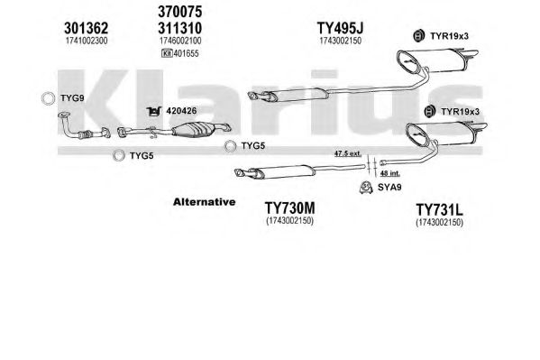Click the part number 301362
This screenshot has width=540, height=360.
coord(87,28)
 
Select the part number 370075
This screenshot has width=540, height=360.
coord(179,12)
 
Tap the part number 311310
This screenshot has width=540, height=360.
coord(179,28)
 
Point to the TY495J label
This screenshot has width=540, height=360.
coord(340,28)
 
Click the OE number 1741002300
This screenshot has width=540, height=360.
coord(87,41)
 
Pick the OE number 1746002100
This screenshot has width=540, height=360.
coord(180,41)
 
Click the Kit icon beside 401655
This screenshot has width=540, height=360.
coord(167,53)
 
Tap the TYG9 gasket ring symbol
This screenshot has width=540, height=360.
coord(48,98)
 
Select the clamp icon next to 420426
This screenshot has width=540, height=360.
coord(153,111)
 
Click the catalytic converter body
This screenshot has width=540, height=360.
coord(192,130)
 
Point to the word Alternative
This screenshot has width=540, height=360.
coord(205,202)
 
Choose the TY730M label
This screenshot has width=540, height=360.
coord(289,208)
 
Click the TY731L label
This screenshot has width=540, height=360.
coord(439,209)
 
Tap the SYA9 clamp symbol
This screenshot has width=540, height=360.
coord(366,188)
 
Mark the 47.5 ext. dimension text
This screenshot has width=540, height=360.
coord(347,153)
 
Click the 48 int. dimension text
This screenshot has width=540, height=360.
coord(389,173)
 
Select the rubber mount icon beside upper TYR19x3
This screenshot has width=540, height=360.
coord(418,35)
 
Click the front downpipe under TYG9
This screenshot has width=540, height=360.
coord(84,126)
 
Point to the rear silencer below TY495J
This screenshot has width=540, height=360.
coord(437,60)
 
